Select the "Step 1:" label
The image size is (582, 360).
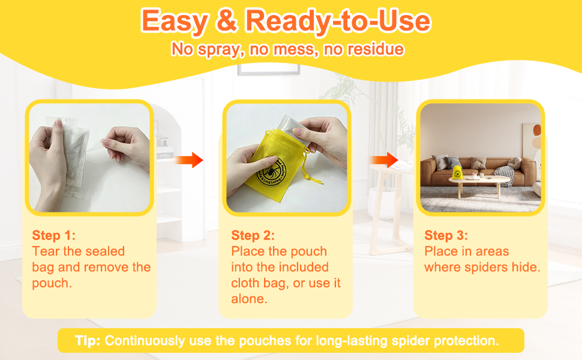tap(54, 235)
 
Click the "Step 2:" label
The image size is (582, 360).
tap(253, 235)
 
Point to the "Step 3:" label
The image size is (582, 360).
tap(446, 235)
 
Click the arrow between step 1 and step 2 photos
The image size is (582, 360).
tap(188, 160)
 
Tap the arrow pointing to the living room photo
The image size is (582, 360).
tap(384, 160)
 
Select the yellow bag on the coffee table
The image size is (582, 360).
tap(457, 172)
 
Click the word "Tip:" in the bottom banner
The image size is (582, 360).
tap(88, 340)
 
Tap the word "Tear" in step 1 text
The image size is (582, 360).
tap(46, 251)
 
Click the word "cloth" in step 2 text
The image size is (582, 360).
tap(245, 283)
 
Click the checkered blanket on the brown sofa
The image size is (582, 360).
tap(505, 175)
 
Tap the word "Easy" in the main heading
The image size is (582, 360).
tap(175, 21)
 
